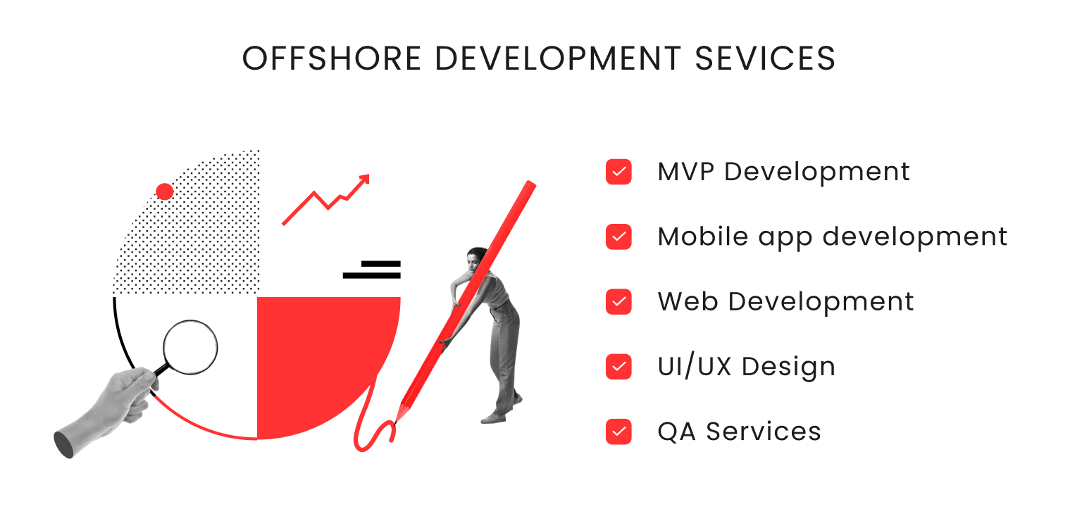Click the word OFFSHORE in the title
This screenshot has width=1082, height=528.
click(332, 59)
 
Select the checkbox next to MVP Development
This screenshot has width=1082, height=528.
click(618, 172)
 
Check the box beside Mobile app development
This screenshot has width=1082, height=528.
click(618, 237)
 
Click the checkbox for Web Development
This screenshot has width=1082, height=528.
click(618, 301)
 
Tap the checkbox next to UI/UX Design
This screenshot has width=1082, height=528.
click(618, 366)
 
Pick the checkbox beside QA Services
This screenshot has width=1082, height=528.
click(618, 431)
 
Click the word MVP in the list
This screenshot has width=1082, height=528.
click(686, 172)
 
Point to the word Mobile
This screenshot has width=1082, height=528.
click(703, 237)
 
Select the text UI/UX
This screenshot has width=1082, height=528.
click(695, 366)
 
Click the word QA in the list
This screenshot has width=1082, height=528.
click(677, 431)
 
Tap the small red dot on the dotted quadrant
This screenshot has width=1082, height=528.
click(165, 191)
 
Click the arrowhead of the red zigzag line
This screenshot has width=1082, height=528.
click(364, 179)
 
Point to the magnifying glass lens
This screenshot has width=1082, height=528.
click(190, 347)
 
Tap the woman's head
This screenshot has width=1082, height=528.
click(477, 256)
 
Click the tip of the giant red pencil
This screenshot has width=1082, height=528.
click(397, 420)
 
